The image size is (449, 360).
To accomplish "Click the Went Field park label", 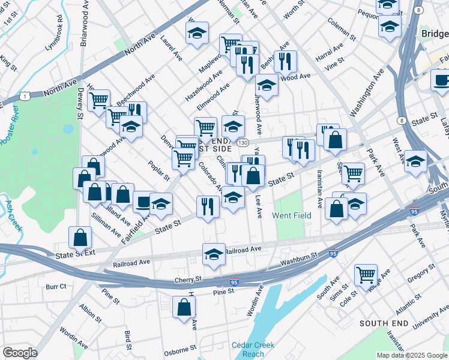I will [291, 215].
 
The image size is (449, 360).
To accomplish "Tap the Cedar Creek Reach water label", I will [253, 349].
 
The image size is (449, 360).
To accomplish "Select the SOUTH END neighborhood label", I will [384, 323].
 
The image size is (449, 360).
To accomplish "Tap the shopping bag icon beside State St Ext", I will [80, 238].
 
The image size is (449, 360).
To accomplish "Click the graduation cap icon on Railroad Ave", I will [214, 254].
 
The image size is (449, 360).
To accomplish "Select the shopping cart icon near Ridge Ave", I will [366, 275].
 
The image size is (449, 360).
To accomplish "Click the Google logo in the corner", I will [20, 353].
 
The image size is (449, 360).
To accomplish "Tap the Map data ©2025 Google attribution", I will [412, 355].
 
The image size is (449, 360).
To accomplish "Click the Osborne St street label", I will [181, 348].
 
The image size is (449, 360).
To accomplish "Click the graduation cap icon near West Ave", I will [415, 161].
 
